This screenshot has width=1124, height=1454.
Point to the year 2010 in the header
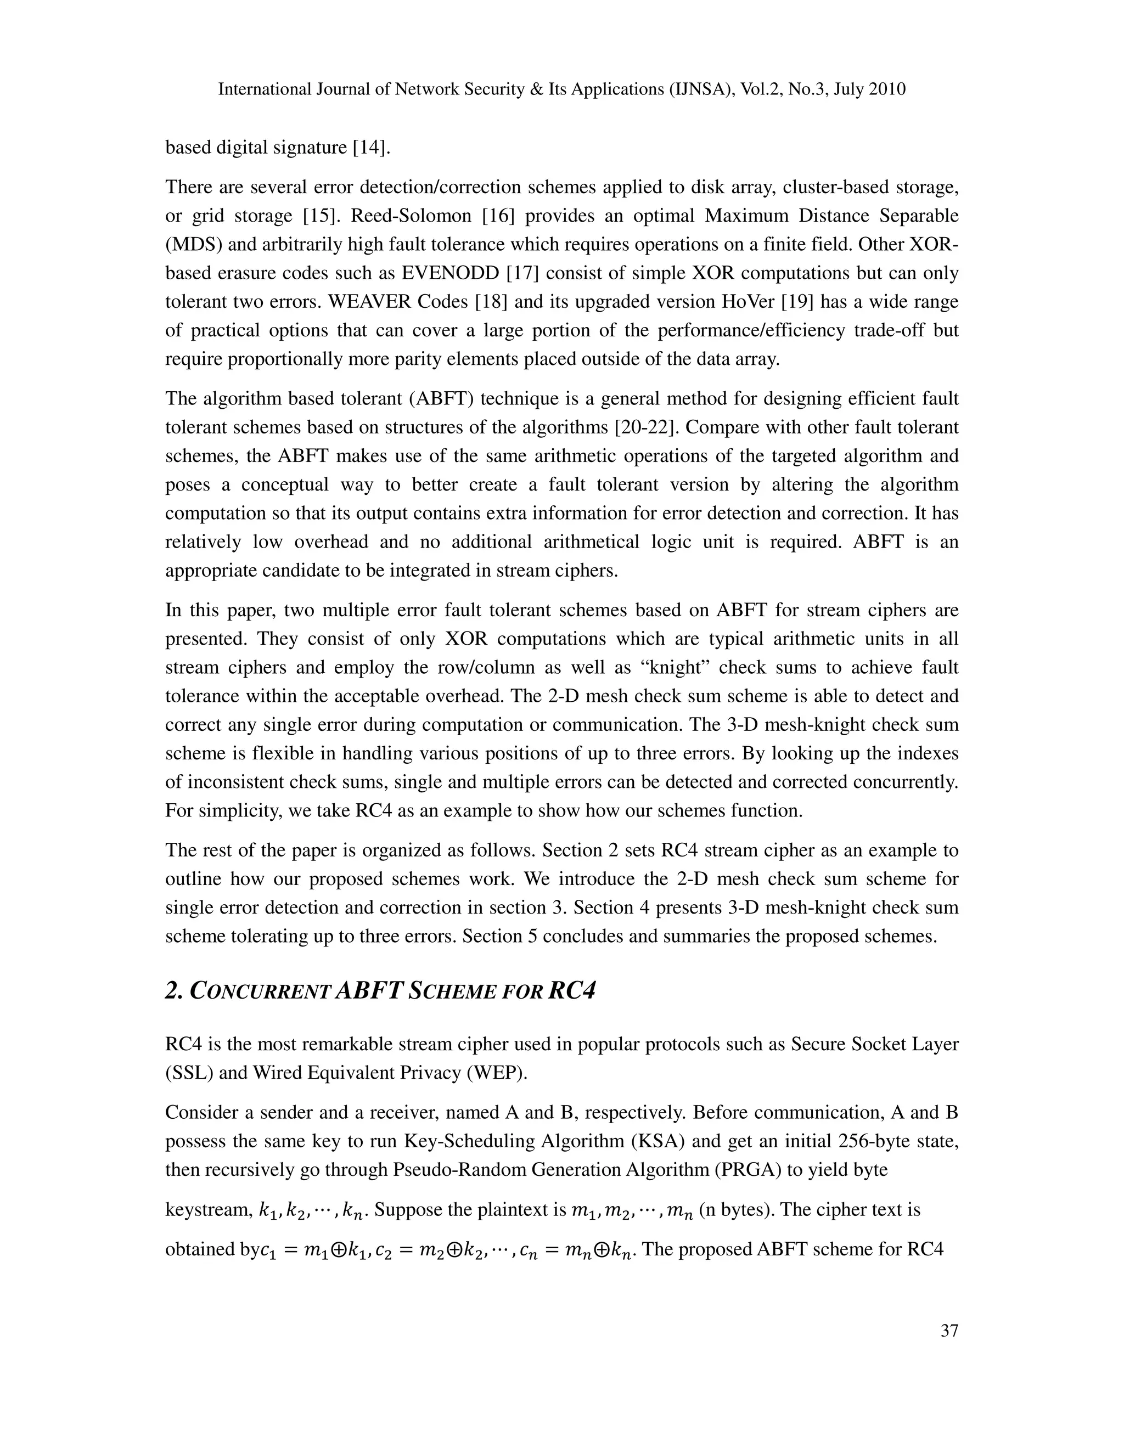886,90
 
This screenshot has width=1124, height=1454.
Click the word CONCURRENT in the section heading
260,992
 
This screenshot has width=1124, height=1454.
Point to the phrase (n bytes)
733,1210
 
